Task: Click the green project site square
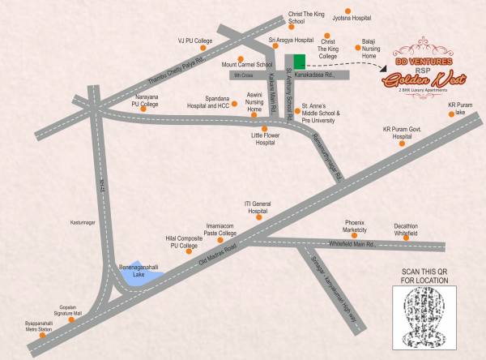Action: [299, 62]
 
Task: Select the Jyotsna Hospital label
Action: [349, 17]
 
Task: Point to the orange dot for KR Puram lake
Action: [450, 114]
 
